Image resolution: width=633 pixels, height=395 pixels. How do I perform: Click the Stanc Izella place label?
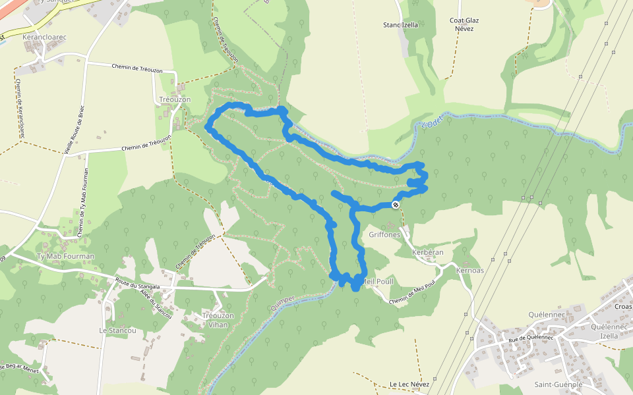401,25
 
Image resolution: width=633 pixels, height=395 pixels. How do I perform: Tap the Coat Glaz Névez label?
464,24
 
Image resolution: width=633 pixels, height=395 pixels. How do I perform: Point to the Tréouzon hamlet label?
175,99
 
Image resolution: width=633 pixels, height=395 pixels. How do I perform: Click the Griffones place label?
385,234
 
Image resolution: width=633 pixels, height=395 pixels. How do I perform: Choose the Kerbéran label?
427,252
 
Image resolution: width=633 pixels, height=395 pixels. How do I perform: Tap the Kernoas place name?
469,271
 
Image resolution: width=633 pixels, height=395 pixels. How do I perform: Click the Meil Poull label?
378,282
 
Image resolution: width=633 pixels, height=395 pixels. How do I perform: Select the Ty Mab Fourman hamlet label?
65,256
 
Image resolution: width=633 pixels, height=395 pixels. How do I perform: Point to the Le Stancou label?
117,330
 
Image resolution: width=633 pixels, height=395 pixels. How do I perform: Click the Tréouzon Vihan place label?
218,320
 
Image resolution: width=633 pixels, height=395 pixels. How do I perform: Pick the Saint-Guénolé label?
558,384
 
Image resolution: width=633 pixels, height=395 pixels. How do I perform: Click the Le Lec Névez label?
409,384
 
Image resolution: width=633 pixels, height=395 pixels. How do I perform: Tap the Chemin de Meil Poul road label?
413,294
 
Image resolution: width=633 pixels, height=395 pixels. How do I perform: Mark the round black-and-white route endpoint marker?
396,205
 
